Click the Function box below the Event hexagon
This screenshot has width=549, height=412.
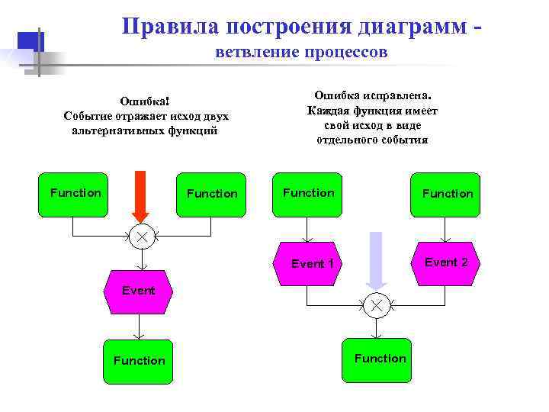139,360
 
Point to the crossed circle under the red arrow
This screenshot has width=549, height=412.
141,237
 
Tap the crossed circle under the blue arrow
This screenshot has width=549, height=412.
376,305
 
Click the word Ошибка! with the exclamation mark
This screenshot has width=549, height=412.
145,102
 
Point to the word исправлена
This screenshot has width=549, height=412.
398,97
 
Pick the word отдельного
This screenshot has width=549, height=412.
348,140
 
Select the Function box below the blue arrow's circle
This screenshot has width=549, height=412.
380,359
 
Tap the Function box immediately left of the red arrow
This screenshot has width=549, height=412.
75,194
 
